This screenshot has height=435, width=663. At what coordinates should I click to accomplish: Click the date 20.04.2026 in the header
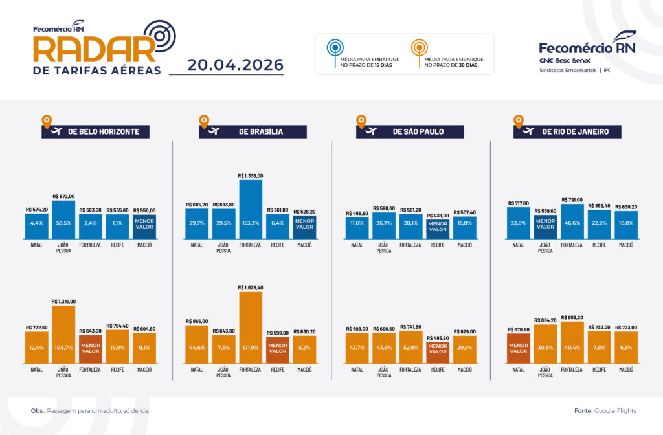235,65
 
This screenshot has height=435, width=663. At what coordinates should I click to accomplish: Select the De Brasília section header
253,131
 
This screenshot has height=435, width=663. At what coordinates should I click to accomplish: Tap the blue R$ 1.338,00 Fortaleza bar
251,209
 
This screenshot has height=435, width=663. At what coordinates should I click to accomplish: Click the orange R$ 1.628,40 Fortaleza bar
251,328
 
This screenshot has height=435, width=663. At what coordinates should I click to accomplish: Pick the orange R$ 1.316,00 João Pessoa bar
64,335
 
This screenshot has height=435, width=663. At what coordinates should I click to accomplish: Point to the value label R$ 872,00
64,197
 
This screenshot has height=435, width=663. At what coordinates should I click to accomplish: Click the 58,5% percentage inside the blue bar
64,223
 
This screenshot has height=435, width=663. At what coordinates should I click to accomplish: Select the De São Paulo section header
410,131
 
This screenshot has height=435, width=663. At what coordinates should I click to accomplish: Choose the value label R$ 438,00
438,216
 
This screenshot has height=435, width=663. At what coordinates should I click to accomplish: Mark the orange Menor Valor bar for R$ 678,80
519,349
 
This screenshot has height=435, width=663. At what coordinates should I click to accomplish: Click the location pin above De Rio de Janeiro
519,121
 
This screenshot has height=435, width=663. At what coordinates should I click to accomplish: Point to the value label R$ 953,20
572,317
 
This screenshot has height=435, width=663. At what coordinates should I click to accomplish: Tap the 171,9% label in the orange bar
251,348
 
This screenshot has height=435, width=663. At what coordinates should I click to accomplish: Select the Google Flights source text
615,411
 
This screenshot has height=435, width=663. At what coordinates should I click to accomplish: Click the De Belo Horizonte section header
96,131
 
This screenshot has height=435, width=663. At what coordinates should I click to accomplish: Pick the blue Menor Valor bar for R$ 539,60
545,227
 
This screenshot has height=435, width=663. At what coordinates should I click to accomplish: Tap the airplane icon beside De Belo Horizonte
56,131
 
